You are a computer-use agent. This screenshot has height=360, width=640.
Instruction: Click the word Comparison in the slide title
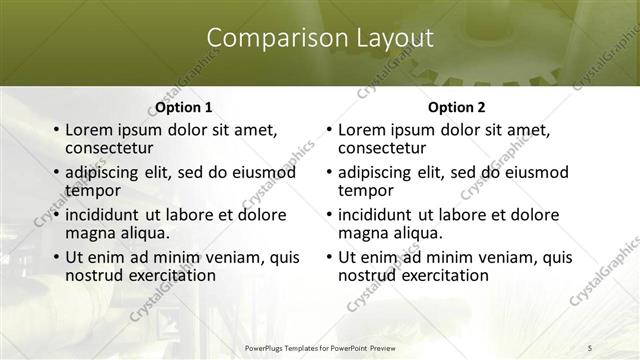(x=266, y=38)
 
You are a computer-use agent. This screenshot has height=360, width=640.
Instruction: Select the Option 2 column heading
(x=457, y=107)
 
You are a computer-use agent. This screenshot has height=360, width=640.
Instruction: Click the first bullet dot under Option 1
(x=56, y=130)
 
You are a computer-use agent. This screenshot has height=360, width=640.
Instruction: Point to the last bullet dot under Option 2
(x=329, y=257)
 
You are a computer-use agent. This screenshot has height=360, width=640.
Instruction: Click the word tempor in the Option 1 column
(x=92, y=189)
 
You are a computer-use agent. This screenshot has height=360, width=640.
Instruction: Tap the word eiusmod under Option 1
(x=264, y=172)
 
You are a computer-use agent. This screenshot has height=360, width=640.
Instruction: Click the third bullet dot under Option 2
(x=329, y=215)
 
